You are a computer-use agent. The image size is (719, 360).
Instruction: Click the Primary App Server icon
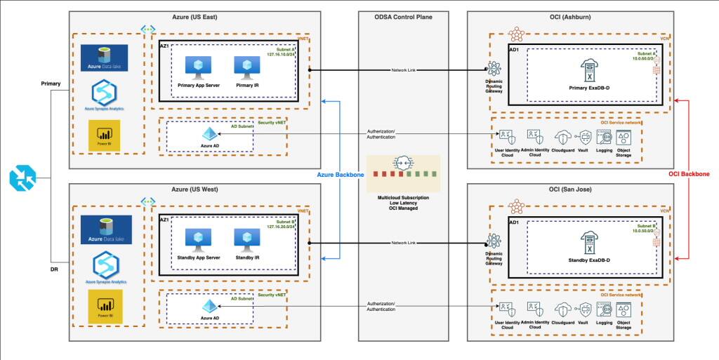193,67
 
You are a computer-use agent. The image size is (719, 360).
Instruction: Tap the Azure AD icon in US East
210,134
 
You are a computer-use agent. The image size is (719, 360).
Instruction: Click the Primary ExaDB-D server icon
588,69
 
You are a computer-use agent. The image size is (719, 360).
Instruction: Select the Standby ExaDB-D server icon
588,243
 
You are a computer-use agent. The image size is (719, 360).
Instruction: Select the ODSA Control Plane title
404,17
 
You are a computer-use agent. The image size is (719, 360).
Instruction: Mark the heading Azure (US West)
194,189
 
